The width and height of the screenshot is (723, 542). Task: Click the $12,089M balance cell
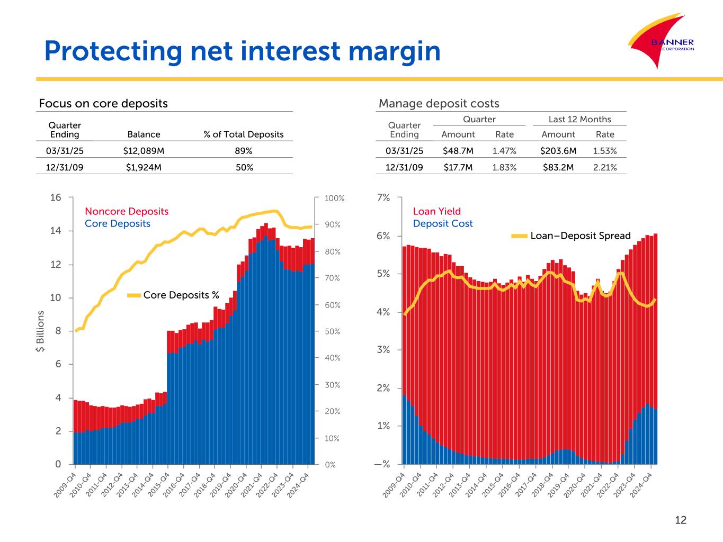pyautogui.click(x=144, y=151)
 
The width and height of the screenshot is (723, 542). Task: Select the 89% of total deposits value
pyautogui.click(x=243, y=151)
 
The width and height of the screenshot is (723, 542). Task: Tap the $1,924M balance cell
pyautogui.click(x=144, y=168)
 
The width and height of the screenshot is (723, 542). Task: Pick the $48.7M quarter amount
pyautogui.click(x=458, y=151)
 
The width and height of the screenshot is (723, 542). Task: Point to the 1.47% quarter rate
pyautogui.click(x=504, y=151)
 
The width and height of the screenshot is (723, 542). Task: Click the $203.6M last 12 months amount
pyautogui.click(x=558, y=151)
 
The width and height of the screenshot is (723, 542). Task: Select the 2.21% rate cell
pyautogui.click(x=605, y=168)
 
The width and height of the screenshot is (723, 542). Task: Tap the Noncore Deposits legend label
pyautogui.click(x=127, y=211)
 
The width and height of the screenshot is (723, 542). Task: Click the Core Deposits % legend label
pyautogui.click(x=181, y=295)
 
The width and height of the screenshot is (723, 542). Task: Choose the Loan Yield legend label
pyautogui.click(x=437, y=211)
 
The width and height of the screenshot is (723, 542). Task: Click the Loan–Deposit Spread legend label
pyautogui.click(x=581, y=236)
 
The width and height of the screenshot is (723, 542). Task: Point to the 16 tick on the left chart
pyautogui.click(x=56, y=197)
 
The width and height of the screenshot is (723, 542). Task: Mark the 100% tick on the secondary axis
pyautogui.click(x=335, y=198)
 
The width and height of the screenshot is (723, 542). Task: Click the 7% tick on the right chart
pyautogui.click(x=383, y=197)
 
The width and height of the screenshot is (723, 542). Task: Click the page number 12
pyautogui.click(x=681, y=520)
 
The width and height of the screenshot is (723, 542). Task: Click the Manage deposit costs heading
pyautogui.click(x=439, y=103)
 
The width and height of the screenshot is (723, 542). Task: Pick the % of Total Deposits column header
pyautogui.click(x=244, y=134)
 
